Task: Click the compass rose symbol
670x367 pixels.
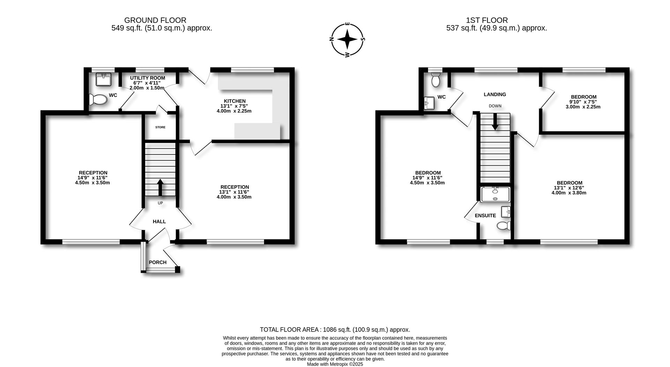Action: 347,39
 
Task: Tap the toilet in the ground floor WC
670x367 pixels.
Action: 98,100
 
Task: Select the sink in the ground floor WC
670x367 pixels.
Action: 103,79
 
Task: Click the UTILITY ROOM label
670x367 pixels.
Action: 147,78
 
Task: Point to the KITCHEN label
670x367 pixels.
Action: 234,101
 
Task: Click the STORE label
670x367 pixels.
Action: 160,127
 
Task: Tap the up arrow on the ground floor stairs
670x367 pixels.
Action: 160,187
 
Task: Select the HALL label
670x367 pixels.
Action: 159,221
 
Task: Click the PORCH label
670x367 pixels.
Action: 158,262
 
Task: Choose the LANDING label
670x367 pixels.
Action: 494,94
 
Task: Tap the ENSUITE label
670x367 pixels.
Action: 485,216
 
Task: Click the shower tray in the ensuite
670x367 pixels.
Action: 495,195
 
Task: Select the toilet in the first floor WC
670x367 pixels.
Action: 435,80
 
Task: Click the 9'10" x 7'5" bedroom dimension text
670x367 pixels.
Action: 583,102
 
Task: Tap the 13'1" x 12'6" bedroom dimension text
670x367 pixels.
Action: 569,188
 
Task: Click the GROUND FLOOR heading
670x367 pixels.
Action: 155,20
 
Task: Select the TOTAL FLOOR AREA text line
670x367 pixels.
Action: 335,330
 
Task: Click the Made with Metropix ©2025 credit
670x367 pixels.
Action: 335,364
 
